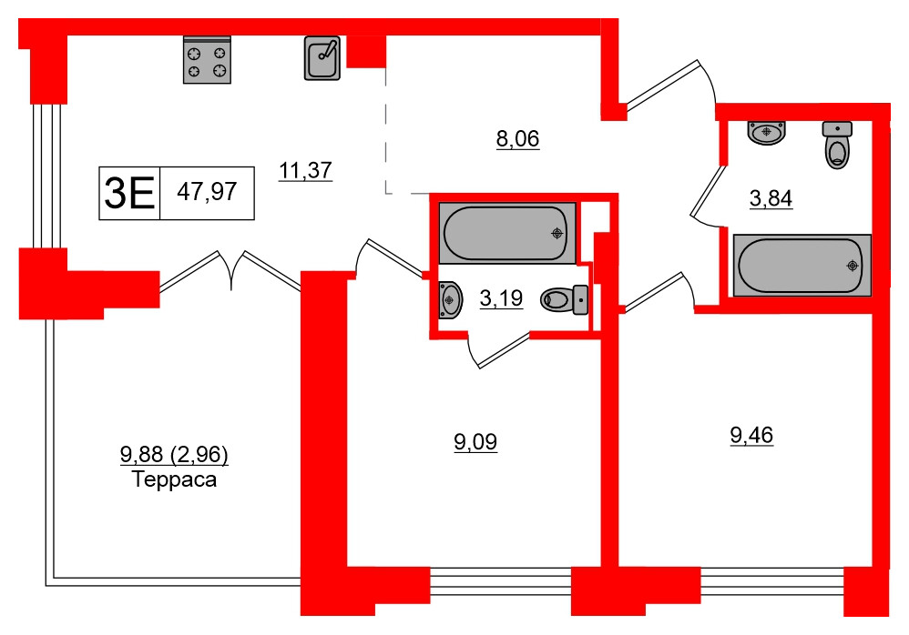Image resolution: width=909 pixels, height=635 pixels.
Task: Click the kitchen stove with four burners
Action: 207,61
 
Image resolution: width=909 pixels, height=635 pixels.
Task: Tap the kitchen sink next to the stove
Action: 322,58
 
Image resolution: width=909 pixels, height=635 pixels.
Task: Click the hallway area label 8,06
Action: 517,139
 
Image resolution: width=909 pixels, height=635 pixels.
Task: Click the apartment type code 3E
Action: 129,193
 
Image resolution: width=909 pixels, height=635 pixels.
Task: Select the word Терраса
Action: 174,479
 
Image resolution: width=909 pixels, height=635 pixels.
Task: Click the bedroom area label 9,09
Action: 475,443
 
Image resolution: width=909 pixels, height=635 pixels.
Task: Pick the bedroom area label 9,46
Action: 751,436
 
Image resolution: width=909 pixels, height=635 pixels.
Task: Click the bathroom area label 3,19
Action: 501,297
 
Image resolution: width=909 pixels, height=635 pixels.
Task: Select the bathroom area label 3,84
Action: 771,197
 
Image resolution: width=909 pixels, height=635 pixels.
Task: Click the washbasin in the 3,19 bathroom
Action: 449,297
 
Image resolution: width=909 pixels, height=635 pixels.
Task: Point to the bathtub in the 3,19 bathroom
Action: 506,234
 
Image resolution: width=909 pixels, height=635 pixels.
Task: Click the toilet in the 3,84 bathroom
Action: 837,146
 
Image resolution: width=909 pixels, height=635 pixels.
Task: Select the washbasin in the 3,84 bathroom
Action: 767,133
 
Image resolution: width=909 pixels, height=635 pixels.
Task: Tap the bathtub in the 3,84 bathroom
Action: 802,265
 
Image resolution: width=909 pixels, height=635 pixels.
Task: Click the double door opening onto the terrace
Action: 230,271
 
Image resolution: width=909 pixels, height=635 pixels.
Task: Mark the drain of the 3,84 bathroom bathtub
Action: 852,266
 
